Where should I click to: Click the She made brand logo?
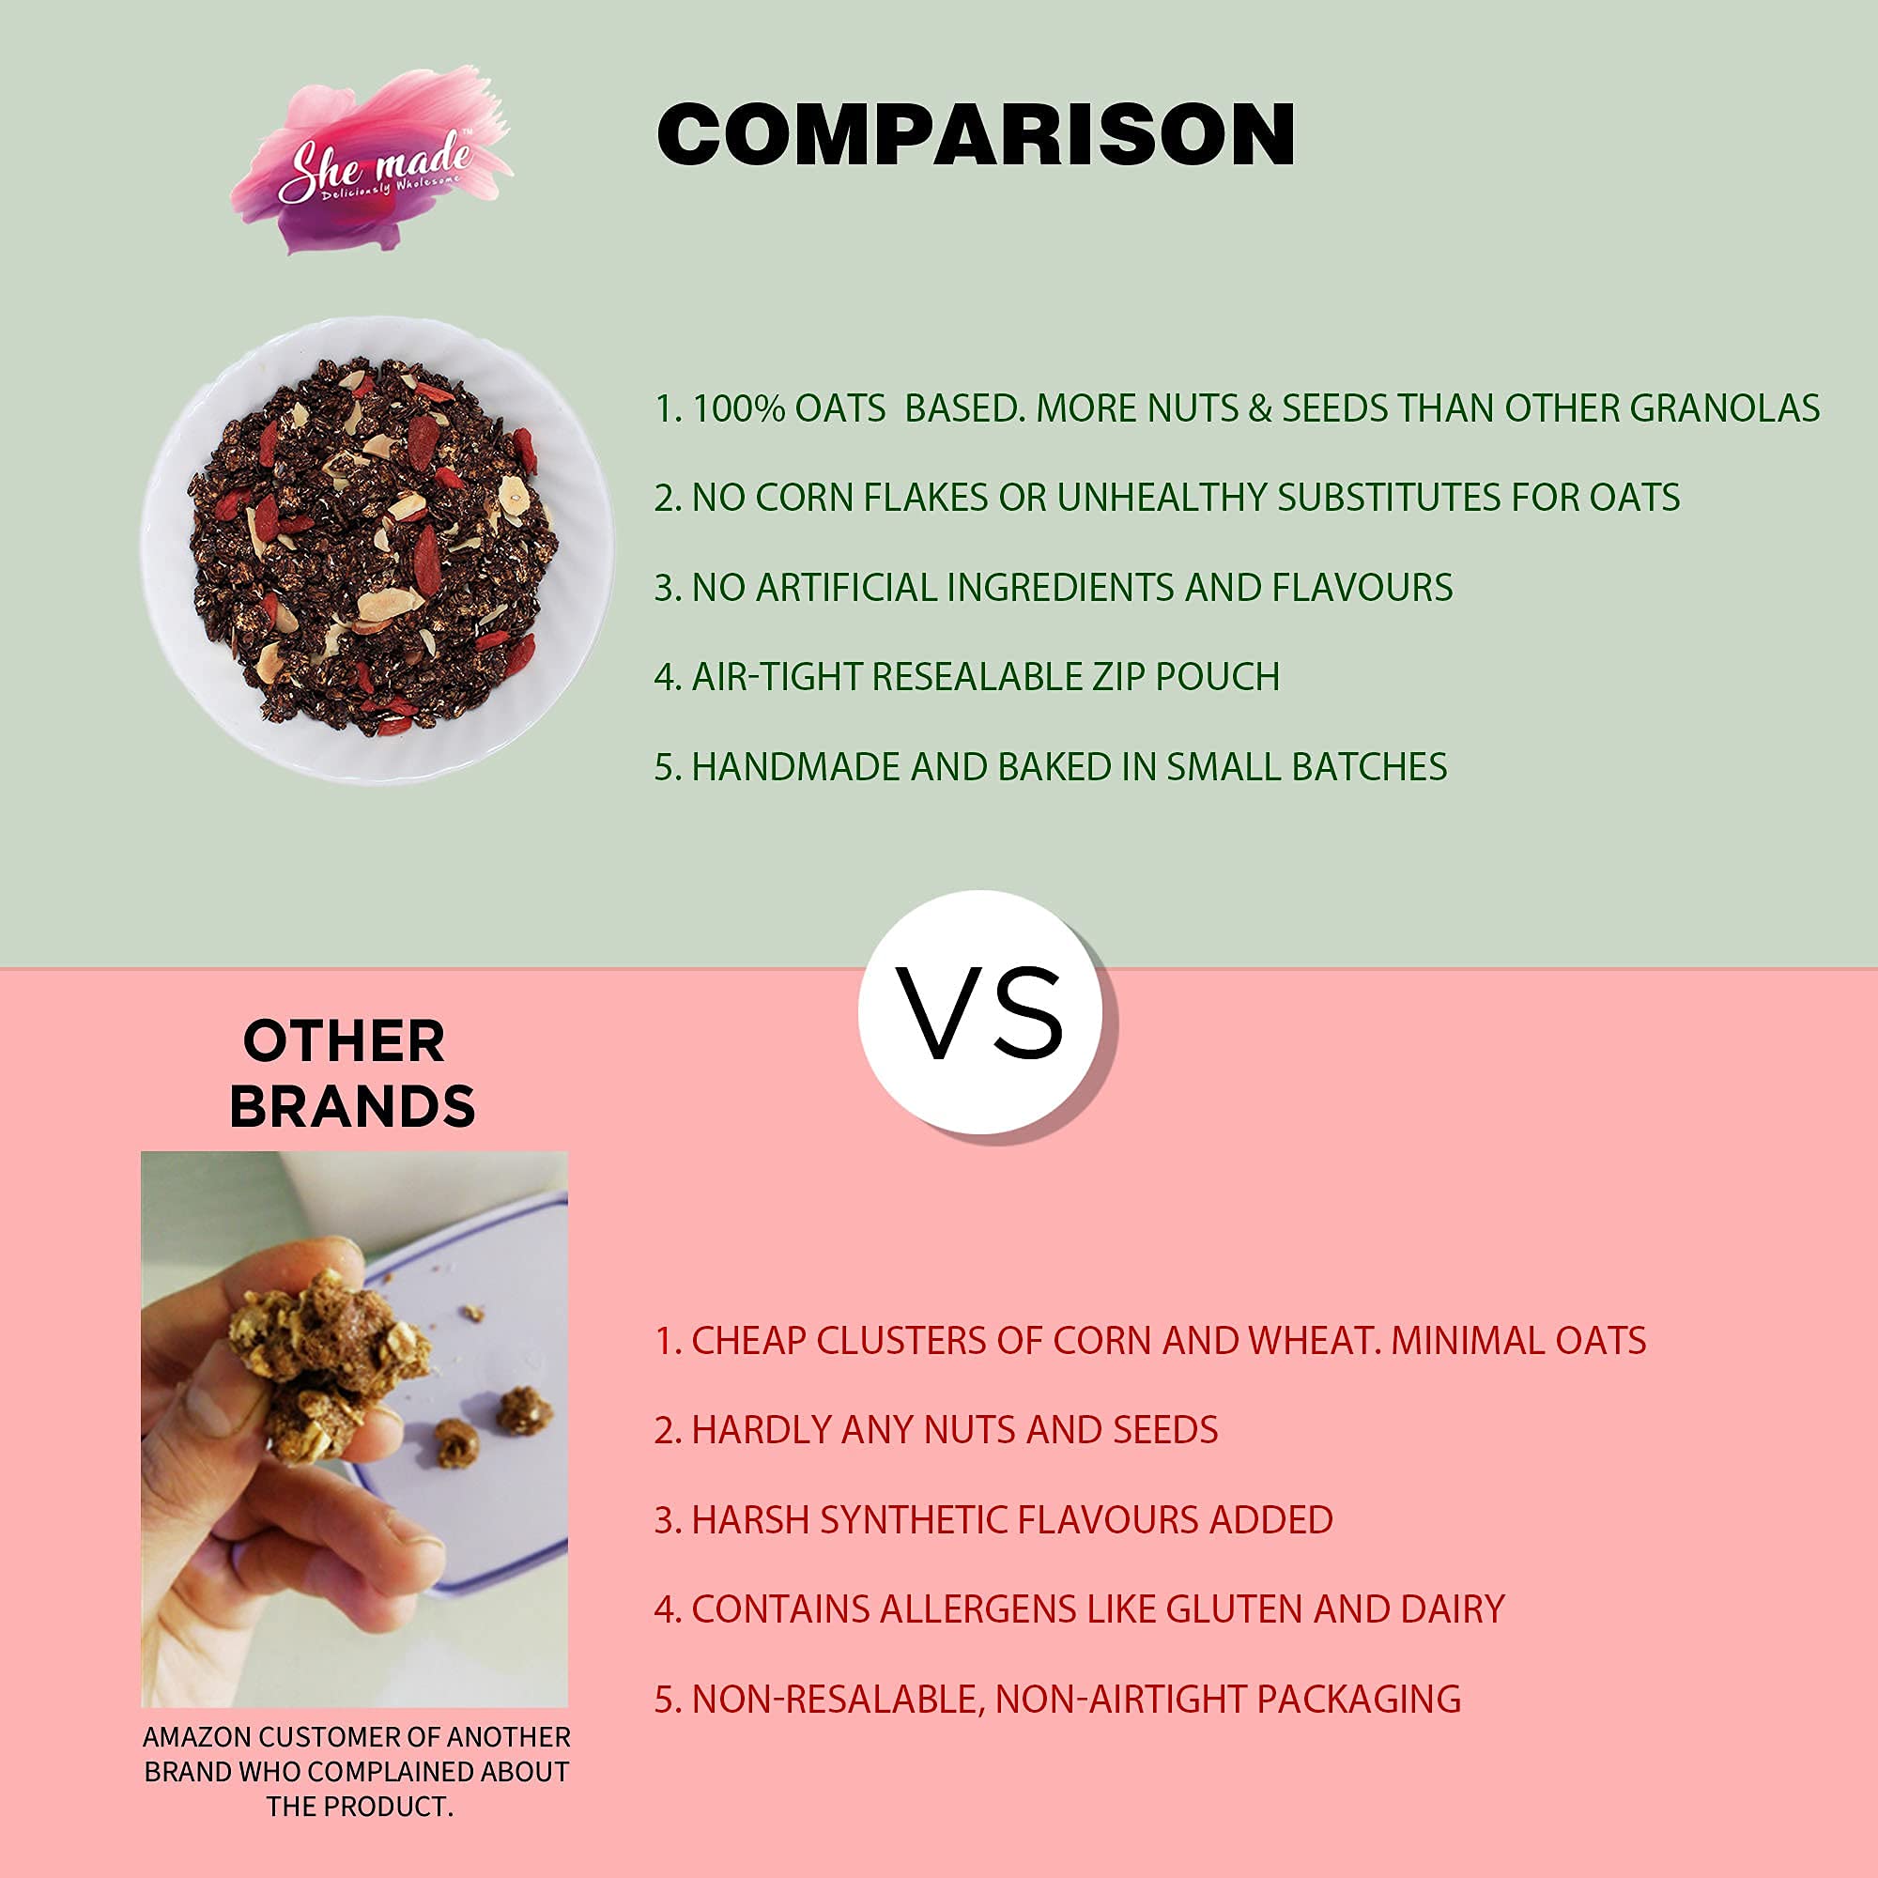(x=369, y=161)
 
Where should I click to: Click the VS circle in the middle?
(x=981, y=1013)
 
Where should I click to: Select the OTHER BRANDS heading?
(x=351, y=1074)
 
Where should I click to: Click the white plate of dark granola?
(x=377, y=550)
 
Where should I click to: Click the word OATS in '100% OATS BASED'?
(x=839, y=409)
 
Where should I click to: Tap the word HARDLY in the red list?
(x=762, y=1431)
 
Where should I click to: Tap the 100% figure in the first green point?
(x=739, y=409)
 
